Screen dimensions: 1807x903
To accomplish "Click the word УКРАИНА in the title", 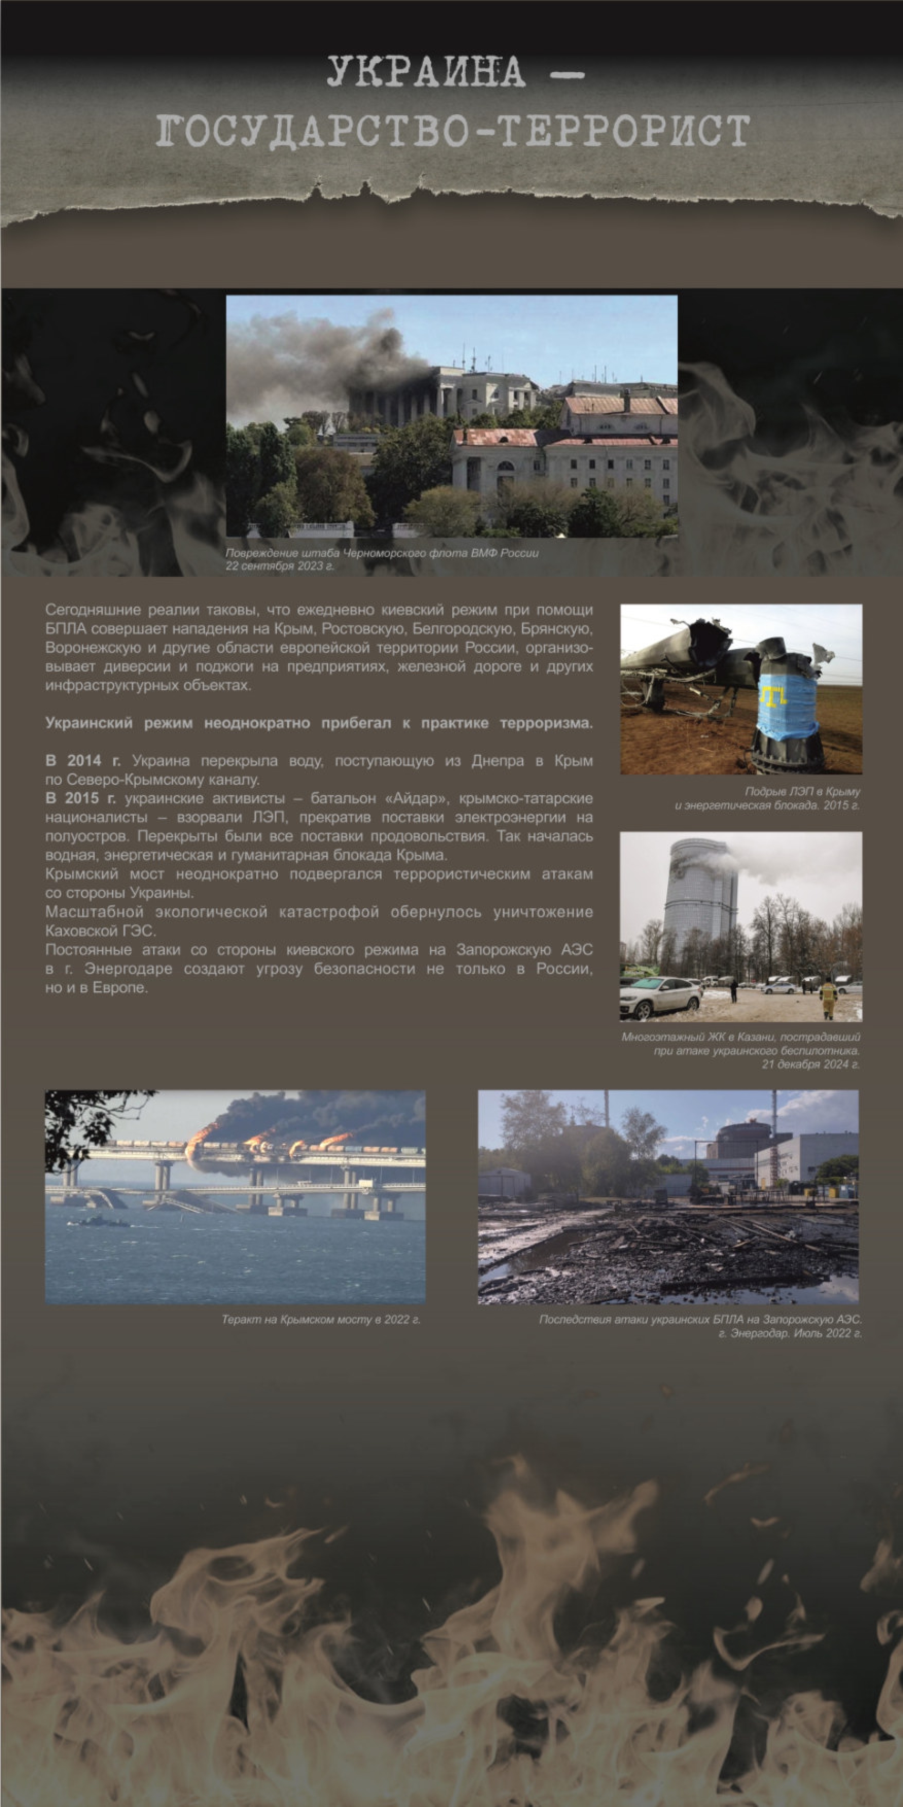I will [426, 72].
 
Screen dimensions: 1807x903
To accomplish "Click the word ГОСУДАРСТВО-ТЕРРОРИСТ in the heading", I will [452, 131].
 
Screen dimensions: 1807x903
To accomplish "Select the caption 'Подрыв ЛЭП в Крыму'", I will [802, 791].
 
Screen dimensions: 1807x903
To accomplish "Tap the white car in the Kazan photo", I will [659, 995].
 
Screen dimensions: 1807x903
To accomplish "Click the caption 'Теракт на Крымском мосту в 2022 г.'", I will [321, 1319].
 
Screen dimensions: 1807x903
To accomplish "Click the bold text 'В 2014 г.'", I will [83, 761].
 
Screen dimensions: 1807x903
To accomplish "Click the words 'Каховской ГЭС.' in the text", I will [100, 932].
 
